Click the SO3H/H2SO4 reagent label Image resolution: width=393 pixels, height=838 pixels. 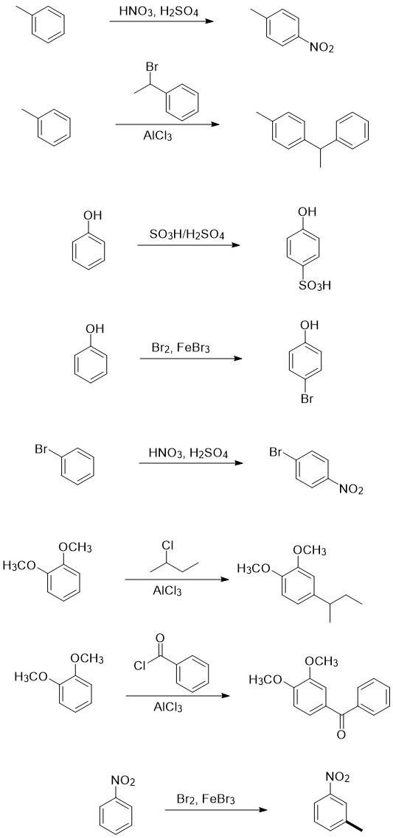coord(187,235)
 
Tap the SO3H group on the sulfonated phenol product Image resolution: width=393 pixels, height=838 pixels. coord(316,286)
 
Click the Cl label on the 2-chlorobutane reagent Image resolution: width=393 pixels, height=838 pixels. coord(167,545)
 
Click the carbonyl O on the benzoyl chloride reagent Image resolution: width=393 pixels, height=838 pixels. coord(159,638)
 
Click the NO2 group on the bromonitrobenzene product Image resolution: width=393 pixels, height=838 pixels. coord(351,490)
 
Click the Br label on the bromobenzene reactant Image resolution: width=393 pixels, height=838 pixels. coord(41,449)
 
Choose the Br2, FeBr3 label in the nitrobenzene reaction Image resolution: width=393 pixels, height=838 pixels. coord(206,799)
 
